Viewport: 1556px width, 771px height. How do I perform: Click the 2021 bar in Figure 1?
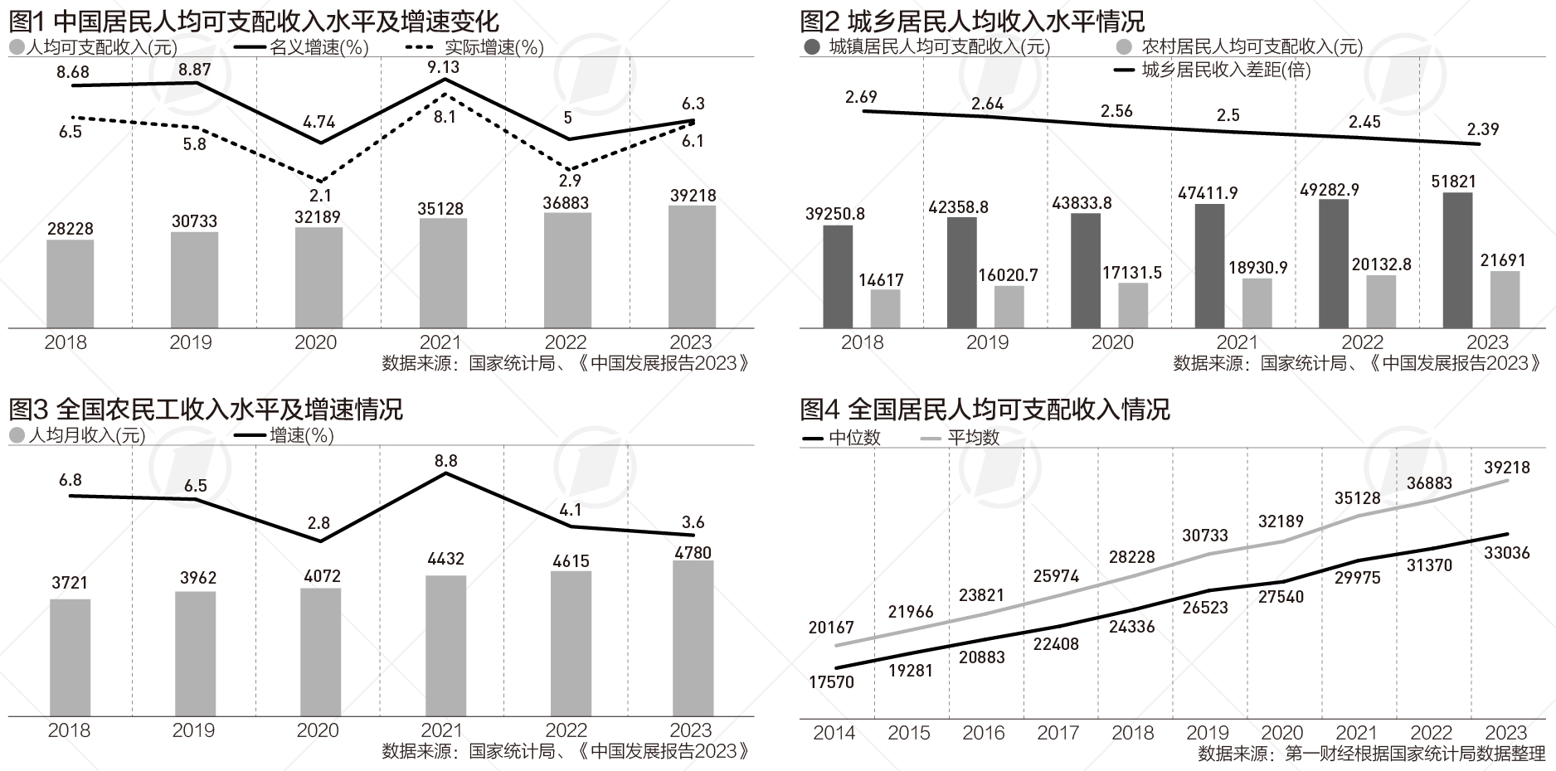pos(443,273)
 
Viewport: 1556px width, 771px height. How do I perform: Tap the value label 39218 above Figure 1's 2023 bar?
pos(693,196)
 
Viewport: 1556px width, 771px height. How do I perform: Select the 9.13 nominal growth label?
pos(444,66)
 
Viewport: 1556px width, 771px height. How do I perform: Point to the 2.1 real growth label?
pos(320,196)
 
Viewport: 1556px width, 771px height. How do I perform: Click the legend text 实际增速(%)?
pos(494,48)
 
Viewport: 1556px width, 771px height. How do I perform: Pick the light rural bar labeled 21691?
pos(1505,299)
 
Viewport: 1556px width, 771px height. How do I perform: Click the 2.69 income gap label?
pos(861,97)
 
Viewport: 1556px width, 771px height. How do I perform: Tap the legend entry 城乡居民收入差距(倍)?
pos(1225,70)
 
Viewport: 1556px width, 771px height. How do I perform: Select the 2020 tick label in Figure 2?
pos(1112,342)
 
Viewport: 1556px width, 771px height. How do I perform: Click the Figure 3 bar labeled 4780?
pos(693,638)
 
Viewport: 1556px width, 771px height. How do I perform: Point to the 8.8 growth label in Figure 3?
pos(445,460)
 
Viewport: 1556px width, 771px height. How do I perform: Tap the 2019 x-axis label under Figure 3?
pos(193,730)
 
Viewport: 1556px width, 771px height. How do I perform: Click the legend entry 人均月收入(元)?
pos(86,435)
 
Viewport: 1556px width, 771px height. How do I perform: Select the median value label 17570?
pos(831,682)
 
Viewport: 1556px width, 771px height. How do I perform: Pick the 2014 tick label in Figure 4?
pos(834,733)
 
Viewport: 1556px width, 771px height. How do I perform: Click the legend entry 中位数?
pos(854,438)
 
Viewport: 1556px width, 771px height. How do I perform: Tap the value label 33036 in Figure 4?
pos(1506,553)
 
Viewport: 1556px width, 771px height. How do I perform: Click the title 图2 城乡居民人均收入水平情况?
pos(972,20)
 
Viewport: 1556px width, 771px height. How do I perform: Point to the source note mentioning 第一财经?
pos(1371,754)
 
